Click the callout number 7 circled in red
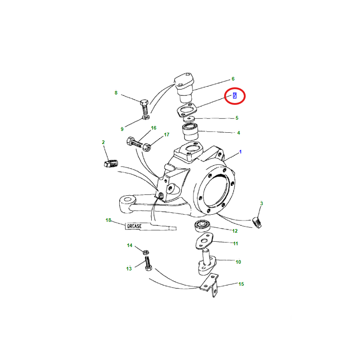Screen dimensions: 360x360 coord(234,96)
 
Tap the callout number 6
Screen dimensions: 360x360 coord(233,79)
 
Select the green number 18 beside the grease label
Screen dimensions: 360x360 coord(108,220)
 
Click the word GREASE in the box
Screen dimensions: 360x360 coord(134,226)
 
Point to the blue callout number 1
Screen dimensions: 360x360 coord(240,152)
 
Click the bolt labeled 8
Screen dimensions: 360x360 coord(144,107)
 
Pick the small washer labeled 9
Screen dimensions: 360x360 coord(146,117)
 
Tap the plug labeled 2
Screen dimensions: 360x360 coord(111,163)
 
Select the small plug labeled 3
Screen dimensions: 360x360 coord(257,222)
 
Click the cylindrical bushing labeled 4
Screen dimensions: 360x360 coord(190,132)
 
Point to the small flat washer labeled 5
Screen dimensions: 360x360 coord(189,119)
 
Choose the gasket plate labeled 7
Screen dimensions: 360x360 coord(187,110)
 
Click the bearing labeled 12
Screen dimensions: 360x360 coord(202,226)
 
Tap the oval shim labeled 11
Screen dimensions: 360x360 coord(204,241)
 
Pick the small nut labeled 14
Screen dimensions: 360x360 coord(145,252)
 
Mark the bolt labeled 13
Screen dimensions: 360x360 coord(148,264)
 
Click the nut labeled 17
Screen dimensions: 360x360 coord(147,147)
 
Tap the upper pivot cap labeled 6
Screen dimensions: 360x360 coord(184,87)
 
